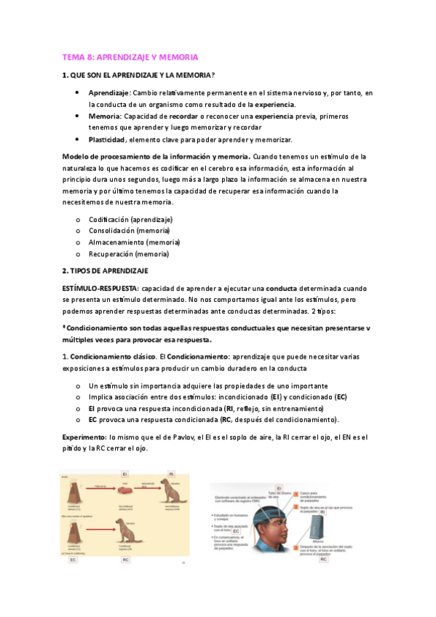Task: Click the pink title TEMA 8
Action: [130, 57]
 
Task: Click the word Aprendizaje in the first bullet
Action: [109, 93]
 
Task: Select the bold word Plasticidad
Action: [107, 139]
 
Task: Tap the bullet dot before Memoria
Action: [77, 116]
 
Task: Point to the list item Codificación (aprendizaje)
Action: [130, 219]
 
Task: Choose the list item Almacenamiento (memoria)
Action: [134, 242]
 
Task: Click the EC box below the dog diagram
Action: [73, 560]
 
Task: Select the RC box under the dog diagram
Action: [125, 560]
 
